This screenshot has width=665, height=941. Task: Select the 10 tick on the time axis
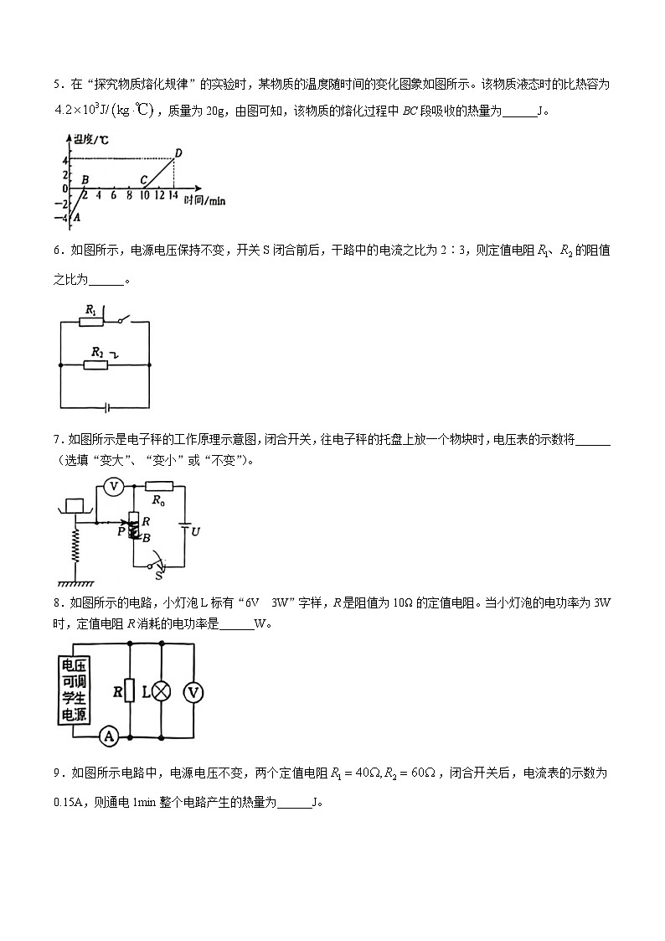tap(144, 195)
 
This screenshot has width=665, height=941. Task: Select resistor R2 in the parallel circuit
tap(97, 365)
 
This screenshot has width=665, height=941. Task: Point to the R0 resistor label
tap(157, 500)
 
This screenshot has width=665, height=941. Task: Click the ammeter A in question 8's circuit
tap(107, 736)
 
